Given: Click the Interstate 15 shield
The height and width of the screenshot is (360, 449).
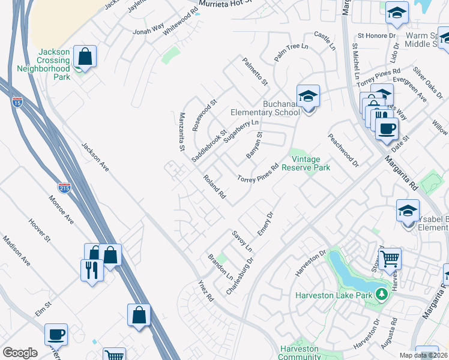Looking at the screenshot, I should tap(16, 102).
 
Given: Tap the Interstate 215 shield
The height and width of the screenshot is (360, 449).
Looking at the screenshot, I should tap(64, 188).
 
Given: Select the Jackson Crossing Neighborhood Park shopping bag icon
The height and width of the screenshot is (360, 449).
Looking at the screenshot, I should tap(85, 58).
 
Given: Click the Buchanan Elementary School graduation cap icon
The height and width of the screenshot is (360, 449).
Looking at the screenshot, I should tap(308, 96).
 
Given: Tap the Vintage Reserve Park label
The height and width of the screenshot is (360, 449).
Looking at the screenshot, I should tap(310, 163).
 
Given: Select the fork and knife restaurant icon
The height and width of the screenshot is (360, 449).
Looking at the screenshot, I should tap(92, 269).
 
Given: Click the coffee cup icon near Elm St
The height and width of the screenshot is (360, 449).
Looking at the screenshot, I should tap(56, 334).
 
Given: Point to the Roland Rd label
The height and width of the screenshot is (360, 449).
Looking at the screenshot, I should tap(214, 187).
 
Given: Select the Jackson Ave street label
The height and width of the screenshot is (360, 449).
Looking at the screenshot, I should tap(95, 157).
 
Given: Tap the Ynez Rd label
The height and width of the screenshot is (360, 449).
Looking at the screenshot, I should tap(206, 290).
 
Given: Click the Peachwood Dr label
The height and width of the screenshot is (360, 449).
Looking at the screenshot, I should tap(343, 150).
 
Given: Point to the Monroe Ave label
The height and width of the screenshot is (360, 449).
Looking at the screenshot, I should tap(61, 210).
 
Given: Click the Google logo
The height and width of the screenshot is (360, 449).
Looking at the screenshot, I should tap(20, 353).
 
